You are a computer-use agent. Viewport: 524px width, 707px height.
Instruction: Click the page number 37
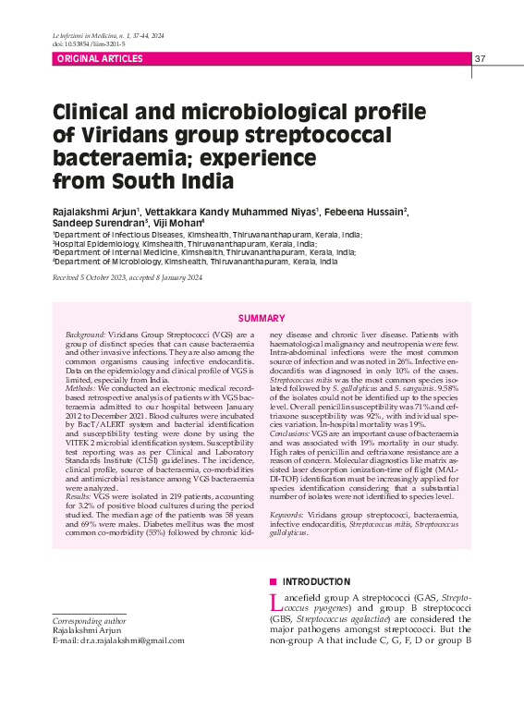(480, 59)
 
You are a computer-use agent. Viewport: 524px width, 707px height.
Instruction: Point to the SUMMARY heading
(262, 318)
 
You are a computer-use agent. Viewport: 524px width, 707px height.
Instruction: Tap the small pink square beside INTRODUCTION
(273, 582)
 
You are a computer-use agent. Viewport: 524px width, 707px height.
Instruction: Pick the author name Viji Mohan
(182, 224)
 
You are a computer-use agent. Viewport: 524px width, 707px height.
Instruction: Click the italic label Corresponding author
(90, 620)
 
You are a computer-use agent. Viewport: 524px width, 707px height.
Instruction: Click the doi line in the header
(90, 43)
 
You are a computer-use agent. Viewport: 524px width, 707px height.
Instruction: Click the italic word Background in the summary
(85, 333)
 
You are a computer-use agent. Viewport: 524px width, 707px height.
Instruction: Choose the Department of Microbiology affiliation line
(195, 262)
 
